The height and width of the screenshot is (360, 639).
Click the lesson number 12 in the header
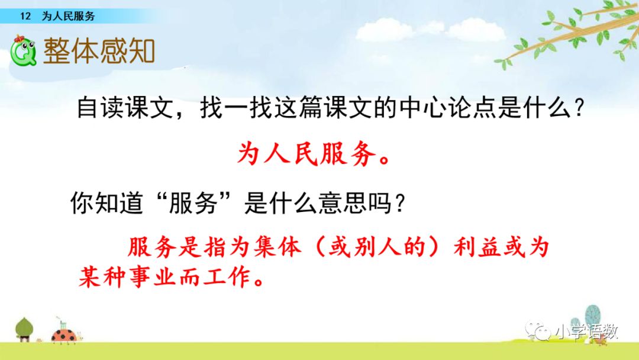25,16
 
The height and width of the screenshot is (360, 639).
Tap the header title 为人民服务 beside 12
69,16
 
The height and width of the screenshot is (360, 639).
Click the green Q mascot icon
23,51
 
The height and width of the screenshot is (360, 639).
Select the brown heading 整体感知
99,51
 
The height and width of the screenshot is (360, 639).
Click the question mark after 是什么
579,108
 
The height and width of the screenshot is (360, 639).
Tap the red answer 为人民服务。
314,154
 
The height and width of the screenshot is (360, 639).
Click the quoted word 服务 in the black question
193,202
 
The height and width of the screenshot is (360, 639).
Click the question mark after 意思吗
400,203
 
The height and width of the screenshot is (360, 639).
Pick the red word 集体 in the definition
277,247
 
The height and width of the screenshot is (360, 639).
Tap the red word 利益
477,247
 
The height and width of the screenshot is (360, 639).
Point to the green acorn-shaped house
24,329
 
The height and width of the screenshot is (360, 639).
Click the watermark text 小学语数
587,332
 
